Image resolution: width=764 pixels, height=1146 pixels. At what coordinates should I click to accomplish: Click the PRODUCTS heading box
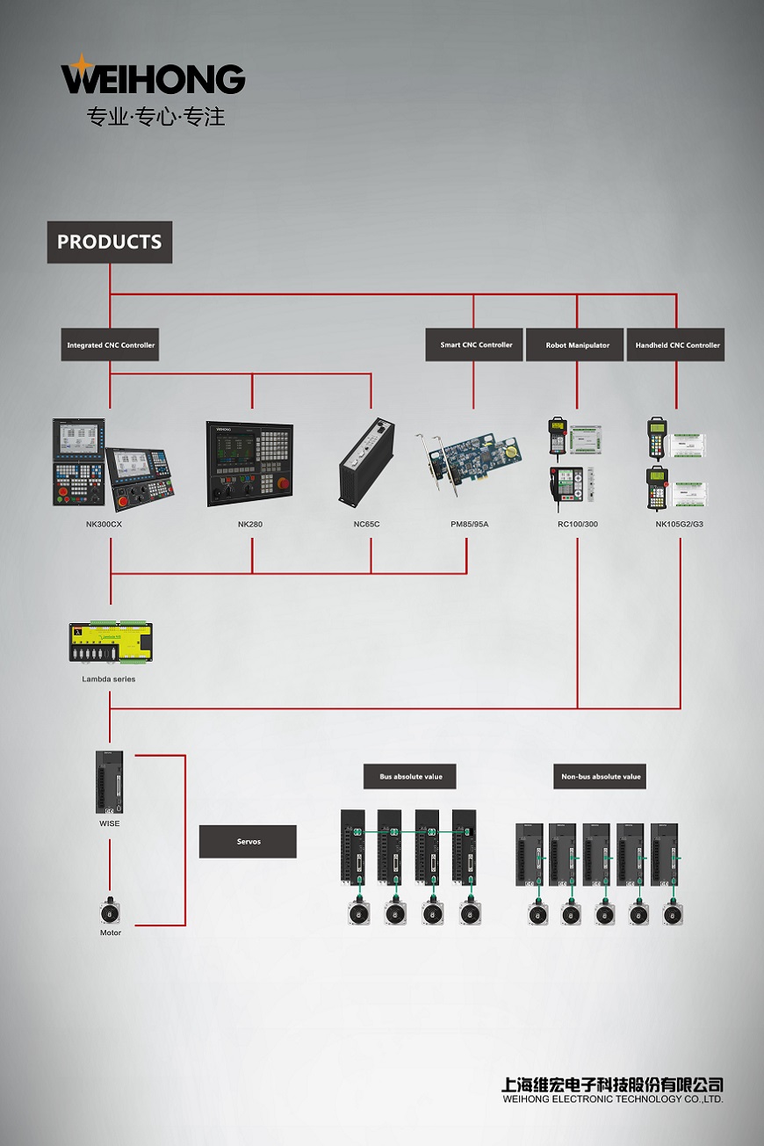110,242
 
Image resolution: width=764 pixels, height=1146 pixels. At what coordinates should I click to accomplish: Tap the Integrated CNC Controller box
110,345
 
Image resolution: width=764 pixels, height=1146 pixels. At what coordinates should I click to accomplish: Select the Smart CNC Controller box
474,345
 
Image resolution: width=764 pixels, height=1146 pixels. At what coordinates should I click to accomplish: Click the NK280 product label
250,524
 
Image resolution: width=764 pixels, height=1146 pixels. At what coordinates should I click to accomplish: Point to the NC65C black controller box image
367,462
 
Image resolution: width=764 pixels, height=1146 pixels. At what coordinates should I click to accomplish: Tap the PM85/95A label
470,524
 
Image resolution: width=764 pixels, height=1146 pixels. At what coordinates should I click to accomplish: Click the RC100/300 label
578,524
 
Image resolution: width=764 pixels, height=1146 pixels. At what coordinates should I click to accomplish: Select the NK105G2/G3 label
680,524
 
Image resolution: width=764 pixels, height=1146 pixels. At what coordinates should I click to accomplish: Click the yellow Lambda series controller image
111,642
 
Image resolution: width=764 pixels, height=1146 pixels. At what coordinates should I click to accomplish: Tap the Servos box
248,841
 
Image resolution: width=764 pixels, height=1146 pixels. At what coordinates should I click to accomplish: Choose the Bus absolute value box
409,776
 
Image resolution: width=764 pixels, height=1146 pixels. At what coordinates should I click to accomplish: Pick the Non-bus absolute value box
600,776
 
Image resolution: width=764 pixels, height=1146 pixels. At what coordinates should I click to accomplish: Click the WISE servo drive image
110,782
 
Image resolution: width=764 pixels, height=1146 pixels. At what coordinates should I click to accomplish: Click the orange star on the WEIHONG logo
81,64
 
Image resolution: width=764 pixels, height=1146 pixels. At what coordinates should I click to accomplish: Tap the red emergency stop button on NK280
283,483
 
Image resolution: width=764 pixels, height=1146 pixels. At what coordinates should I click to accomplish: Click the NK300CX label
104,524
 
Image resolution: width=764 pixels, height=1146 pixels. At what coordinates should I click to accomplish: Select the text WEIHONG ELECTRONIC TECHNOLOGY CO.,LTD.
613,1099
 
